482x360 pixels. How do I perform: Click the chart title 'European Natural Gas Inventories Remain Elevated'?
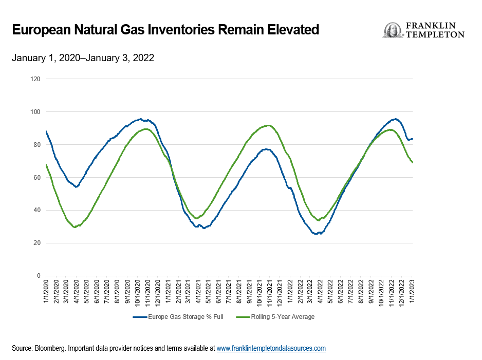(x=165, y=30)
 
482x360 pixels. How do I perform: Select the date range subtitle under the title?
(x=83, y=58)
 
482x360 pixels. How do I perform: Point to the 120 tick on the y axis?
(x=35, y=79)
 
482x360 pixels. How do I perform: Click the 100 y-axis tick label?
(x=35, y=112)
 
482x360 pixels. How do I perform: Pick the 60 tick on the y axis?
(x=37, y=178)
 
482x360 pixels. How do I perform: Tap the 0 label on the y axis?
(x=39, y=276)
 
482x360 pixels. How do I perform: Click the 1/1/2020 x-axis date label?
(x=46, y=291)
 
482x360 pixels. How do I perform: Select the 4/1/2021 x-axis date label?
(x=199, y=291)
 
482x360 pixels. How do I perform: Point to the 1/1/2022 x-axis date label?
(x=290, y=291)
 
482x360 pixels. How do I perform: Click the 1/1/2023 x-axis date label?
(x=412, y=291)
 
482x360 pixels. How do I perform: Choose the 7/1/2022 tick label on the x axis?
(x=351, y=291)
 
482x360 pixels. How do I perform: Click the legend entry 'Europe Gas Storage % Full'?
(x=178, y=317)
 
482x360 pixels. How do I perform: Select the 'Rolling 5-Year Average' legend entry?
(x=275, y=317)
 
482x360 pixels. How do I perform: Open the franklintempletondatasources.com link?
(x=271, y=348)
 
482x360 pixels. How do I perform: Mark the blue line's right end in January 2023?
(x=413, y=139)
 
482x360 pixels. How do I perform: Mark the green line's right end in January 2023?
(x=413, y=162)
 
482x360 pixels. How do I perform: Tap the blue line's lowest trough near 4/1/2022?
(x=317, y=234)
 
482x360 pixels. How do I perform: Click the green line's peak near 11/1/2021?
(x=269, y=125)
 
